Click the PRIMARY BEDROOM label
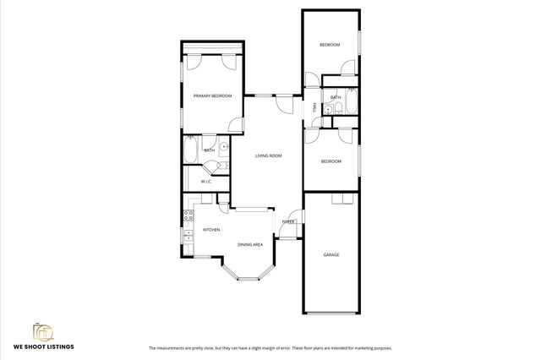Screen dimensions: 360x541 pos(212,96)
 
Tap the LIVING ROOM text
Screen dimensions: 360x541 pos(269,155)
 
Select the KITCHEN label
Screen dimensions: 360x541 pos(211,230)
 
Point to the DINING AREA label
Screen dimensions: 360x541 pos(249,244)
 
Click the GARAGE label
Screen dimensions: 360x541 pos(331,254)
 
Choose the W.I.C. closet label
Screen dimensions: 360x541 pos(205,182)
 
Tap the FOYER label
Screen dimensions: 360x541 pos(288,221)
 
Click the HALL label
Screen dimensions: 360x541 pos(314,108)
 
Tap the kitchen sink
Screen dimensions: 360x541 pos(187,237)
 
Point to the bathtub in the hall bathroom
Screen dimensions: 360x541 pos(352,106)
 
